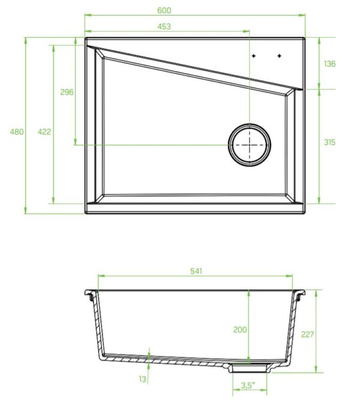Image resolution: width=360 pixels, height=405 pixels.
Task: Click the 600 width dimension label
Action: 164,10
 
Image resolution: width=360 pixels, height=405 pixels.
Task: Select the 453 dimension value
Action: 164,26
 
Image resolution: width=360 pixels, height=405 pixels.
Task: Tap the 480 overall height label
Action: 17,132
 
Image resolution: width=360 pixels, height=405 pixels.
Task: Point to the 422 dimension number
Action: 44,132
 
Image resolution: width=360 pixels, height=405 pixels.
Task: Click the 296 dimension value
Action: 67,92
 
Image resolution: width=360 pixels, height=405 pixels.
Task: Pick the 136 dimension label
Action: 329,64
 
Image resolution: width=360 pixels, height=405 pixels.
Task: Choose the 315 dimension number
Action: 329,142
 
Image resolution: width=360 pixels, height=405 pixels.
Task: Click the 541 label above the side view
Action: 196,271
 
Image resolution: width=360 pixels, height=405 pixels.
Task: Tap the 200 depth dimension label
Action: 240,329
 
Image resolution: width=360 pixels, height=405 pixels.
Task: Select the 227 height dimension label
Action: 307,334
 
